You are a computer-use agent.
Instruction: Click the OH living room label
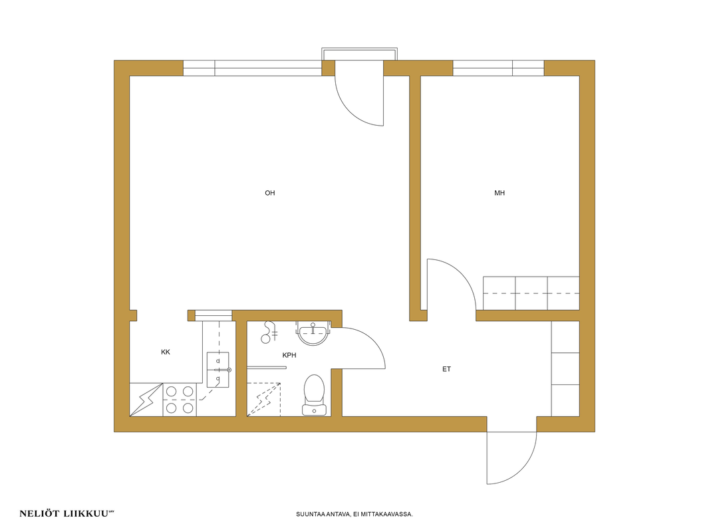pos(269,193)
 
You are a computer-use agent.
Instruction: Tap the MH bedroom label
pos(499,193)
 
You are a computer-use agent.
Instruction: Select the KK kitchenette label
pos(166,352)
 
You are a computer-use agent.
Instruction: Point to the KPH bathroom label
pos(289,355)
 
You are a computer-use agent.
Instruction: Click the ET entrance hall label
pos(447,369)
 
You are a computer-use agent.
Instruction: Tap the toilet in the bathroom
pos(314,394)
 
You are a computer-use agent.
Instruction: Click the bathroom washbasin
pos(312,333)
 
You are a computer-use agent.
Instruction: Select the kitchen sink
pos(218,370)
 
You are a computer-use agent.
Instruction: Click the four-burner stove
pos(180,400)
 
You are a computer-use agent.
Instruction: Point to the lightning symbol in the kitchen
pos(146,400)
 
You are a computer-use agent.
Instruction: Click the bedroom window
pos(498,68)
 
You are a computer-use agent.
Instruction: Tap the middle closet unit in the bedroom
pos(531,293)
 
